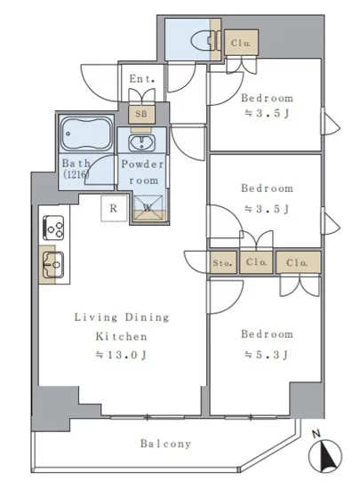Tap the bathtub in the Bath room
(86, 133)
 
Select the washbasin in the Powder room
(142, 143)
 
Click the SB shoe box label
(141, 114)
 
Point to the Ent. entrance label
(142, 79)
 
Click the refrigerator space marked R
(114, 208)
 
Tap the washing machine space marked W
(148, 208)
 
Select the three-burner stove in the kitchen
(53, 228)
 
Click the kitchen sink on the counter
(53, 265)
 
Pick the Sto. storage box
(222, 262)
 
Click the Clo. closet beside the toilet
(241, 43)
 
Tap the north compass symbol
(325, 455)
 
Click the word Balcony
(165, 444)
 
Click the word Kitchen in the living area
(121, 336)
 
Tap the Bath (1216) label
(76, 168)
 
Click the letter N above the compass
(316, 434)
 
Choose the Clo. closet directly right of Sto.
(256, 262)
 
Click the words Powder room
(143, 172)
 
